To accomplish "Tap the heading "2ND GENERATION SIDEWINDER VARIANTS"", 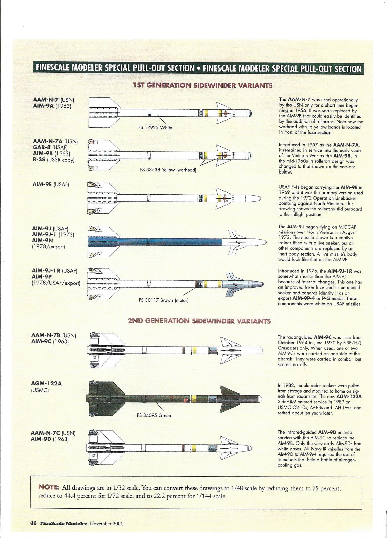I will pyautogui.click(x=199, y=321).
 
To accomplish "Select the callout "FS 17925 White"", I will pyautogui.click(x=156, y=128).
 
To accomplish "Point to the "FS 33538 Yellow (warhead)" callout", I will pyautogui.click(x=168, y=170).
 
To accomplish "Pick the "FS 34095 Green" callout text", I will pyautogui.click(x=154, y=415).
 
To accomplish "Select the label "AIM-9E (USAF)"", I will pyautogui.click(x=51, y=185).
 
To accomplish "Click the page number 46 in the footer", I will pyautogui.click(x=33, y=523).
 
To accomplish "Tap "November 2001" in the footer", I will pyautogui.click(x=106, y=523).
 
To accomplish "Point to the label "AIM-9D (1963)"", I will pyautogui.click(x=50, y=439).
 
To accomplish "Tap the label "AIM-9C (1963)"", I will pyautogui.click(x=50, y=341).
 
